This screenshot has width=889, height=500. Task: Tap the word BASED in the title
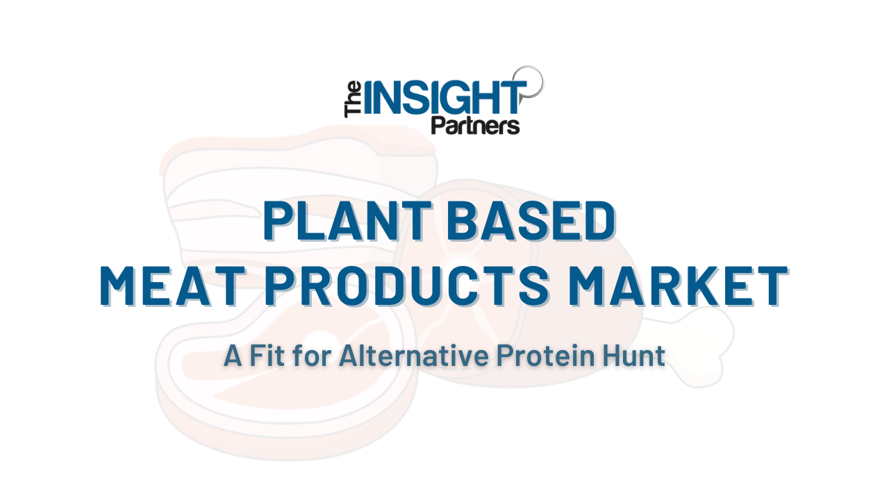click(531, 221)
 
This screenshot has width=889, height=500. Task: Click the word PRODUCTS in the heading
click(407, 285)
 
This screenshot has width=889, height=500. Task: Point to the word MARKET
click(678, 285)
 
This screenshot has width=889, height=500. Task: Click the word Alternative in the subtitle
click(413, 356)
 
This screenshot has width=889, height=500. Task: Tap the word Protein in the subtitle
click(546, 356)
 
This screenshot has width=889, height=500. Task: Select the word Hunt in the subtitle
click(634, 356)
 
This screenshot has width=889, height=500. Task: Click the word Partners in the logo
click(475, 126)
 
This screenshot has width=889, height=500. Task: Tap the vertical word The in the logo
click(353, 99)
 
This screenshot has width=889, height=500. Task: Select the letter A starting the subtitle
click(233, 356)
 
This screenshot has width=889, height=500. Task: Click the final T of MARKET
click(772, 285)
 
